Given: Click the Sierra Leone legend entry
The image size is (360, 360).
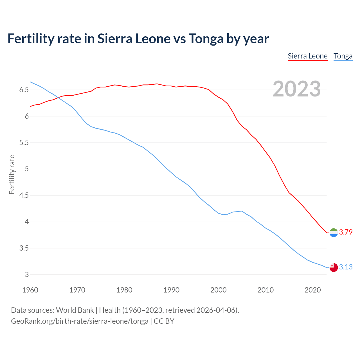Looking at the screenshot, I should point(308,56).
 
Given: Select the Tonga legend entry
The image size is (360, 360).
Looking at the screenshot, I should point(343,56).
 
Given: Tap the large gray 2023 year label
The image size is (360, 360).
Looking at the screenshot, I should point(297,89).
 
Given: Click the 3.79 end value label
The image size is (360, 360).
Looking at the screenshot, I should point(346,232).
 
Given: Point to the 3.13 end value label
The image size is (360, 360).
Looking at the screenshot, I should point(346,267).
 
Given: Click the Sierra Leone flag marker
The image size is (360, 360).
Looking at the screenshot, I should point(334,233).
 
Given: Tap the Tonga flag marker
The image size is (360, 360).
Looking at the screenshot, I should point(334,267).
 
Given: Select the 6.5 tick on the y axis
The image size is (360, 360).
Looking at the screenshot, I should point(24,90).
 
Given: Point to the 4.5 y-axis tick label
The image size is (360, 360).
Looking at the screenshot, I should point(24,195).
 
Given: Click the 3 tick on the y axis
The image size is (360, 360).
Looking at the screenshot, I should point(27,275).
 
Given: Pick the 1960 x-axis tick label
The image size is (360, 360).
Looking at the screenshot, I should point(30,290).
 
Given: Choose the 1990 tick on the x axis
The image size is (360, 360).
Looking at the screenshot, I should point(171,290).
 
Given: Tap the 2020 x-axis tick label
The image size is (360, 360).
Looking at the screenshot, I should point(312,290).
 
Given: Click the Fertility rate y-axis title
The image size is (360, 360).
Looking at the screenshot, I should point(12,174).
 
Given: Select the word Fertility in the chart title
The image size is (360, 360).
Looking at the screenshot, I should point(31,39).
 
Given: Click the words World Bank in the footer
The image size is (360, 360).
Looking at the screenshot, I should point(75,310).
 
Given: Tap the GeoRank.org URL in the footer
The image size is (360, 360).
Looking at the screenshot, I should point(80,321).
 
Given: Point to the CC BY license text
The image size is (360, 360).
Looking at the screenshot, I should point(164,321).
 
